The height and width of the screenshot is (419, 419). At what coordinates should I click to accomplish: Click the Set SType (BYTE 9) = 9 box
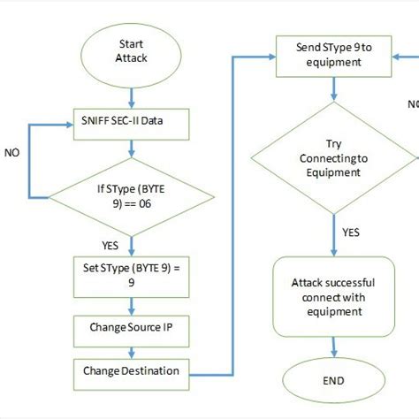pyautogui.click(x=131, y=276)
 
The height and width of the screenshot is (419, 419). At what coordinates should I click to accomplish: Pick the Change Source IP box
pyautogui.click(x=131, y=328)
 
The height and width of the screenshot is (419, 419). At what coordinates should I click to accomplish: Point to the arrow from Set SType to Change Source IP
pyautogui.click(x=131, y=304)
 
